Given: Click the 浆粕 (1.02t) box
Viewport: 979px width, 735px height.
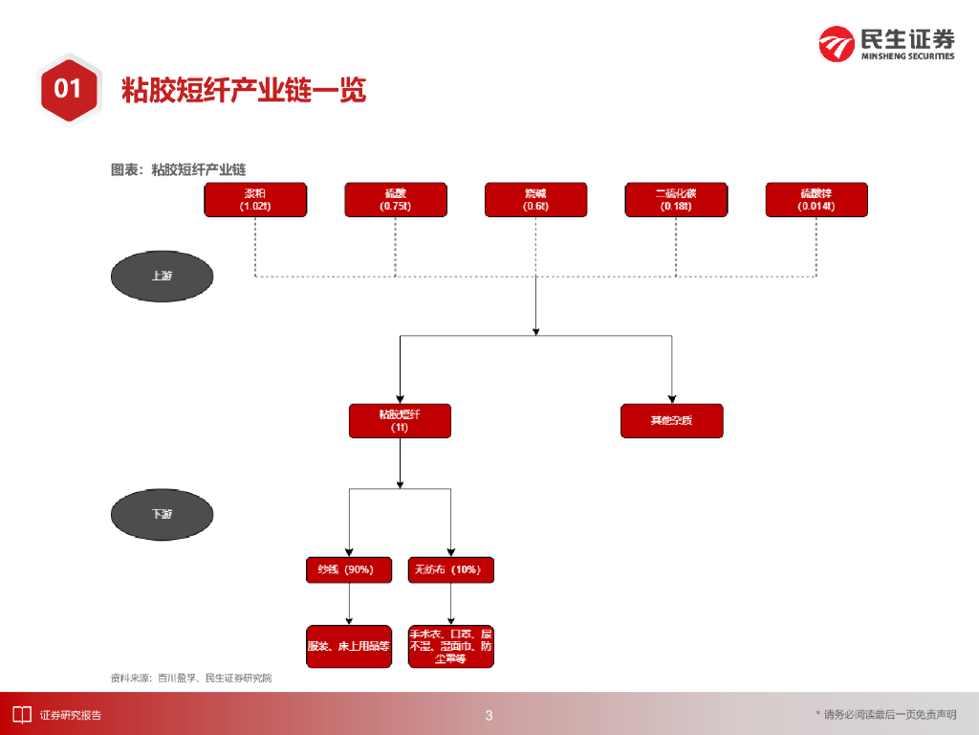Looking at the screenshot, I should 255,200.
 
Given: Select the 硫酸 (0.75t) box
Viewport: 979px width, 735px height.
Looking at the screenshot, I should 396,200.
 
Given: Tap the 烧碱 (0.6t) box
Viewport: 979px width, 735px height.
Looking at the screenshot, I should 535,200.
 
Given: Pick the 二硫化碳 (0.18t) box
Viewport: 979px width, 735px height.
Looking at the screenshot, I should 676,200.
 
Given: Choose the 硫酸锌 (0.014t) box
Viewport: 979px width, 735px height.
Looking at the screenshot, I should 816,200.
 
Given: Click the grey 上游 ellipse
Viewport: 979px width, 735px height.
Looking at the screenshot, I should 162,276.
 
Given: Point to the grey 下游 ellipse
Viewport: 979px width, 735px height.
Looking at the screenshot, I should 162,514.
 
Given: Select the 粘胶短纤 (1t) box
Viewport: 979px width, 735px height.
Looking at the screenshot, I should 400,421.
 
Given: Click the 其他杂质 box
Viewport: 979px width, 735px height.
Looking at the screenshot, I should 671,421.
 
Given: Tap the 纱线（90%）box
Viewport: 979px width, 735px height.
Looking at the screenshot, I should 348,570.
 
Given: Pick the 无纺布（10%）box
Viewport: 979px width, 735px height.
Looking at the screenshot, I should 450,570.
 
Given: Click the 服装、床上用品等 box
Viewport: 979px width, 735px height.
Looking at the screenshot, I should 348,646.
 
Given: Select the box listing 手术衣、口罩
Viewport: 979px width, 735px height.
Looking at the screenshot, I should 450,646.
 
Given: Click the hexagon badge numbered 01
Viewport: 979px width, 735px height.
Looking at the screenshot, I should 68,89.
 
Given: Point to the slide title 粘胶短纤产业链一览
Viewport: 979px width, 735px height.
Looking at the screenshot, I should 244,90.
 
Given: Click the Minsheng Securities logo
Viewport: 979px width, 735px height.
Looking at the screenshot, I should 886,43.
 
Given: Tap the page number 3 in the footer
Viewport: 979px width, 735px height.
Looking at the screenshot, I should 489,715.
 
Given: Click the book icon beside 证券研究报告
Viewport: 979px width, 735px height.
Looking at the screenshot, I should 21,714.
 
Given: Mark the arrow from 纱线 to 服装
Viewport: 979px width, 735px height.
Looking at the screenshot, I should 348,604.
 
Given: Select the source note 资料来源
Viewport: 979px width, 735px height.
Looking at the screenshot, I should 191,678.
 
